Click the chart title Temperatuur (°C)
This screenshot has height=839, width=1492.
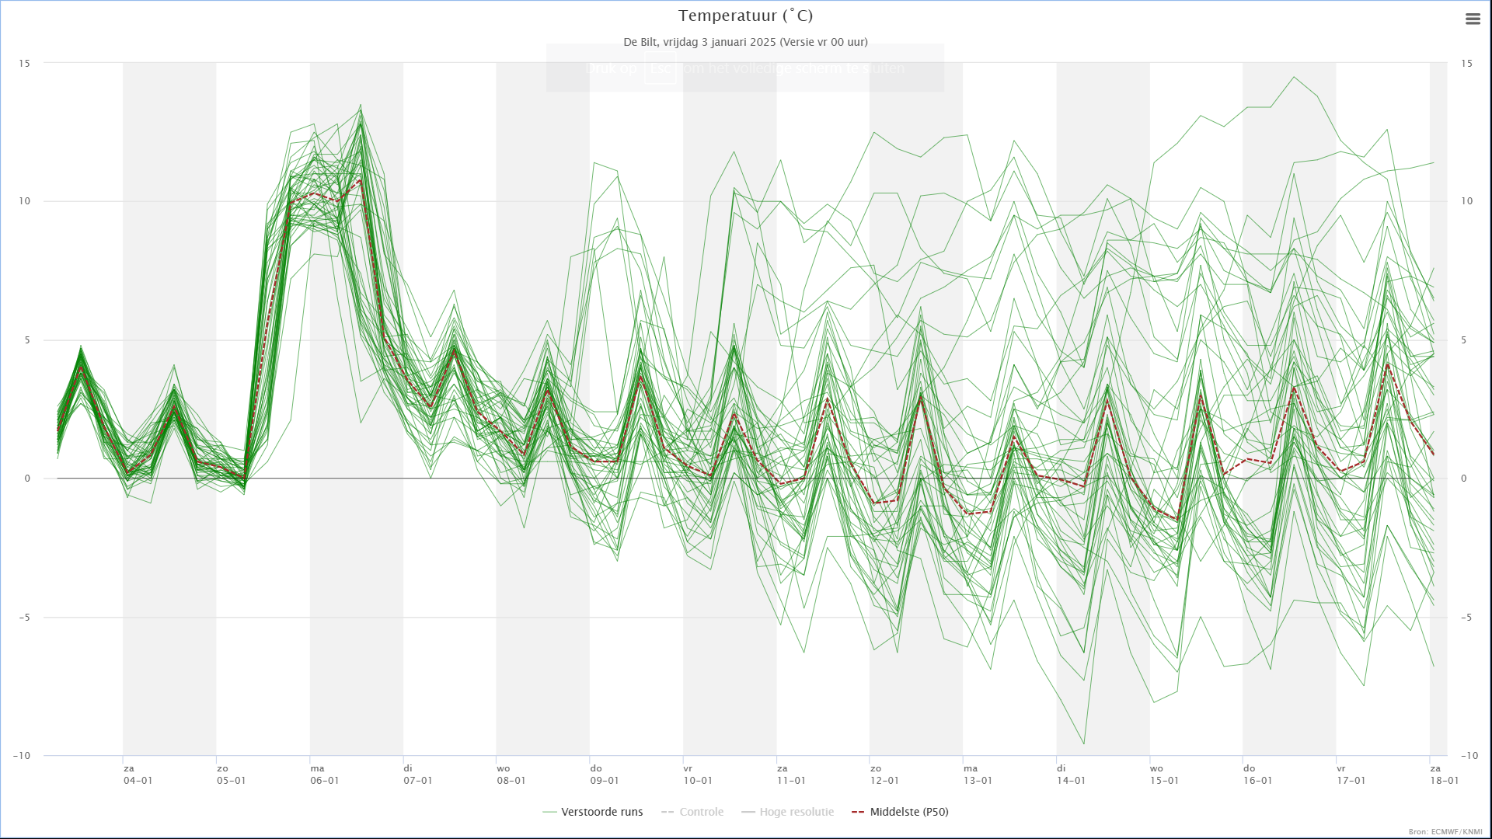[745, 16]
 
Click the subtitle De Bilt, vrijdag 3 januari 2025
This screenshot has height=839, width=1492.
[745, 42]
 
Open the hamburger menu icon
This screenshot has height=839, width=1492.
[1473, 19]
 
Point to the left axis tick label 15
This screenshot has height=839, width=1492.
[25, 63]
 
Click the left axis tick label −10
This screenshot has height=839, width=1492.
[22, 756]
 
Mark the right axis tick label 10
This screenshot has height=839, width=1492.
[1466, 201]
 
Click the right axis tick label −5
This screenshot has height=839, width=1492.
[1466, 618]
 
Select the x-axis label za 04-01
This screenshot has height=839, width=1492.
[138, 775]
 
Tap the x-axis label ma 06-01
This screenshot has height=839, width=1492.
[324, 775]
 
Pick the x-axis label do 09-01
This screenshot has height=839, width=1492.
[604, 775]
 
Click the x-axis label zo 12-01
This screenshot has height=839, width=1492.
[884, 775]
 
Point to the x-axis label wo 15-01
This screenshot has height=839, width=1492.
[1163, 775]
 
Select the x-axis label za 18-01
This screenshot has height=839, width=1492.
[1443, 775]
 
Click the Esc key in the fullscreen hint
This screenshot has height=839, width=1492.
[660, 68]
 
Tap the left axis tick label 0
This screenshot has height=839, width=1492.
[27, 479]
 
